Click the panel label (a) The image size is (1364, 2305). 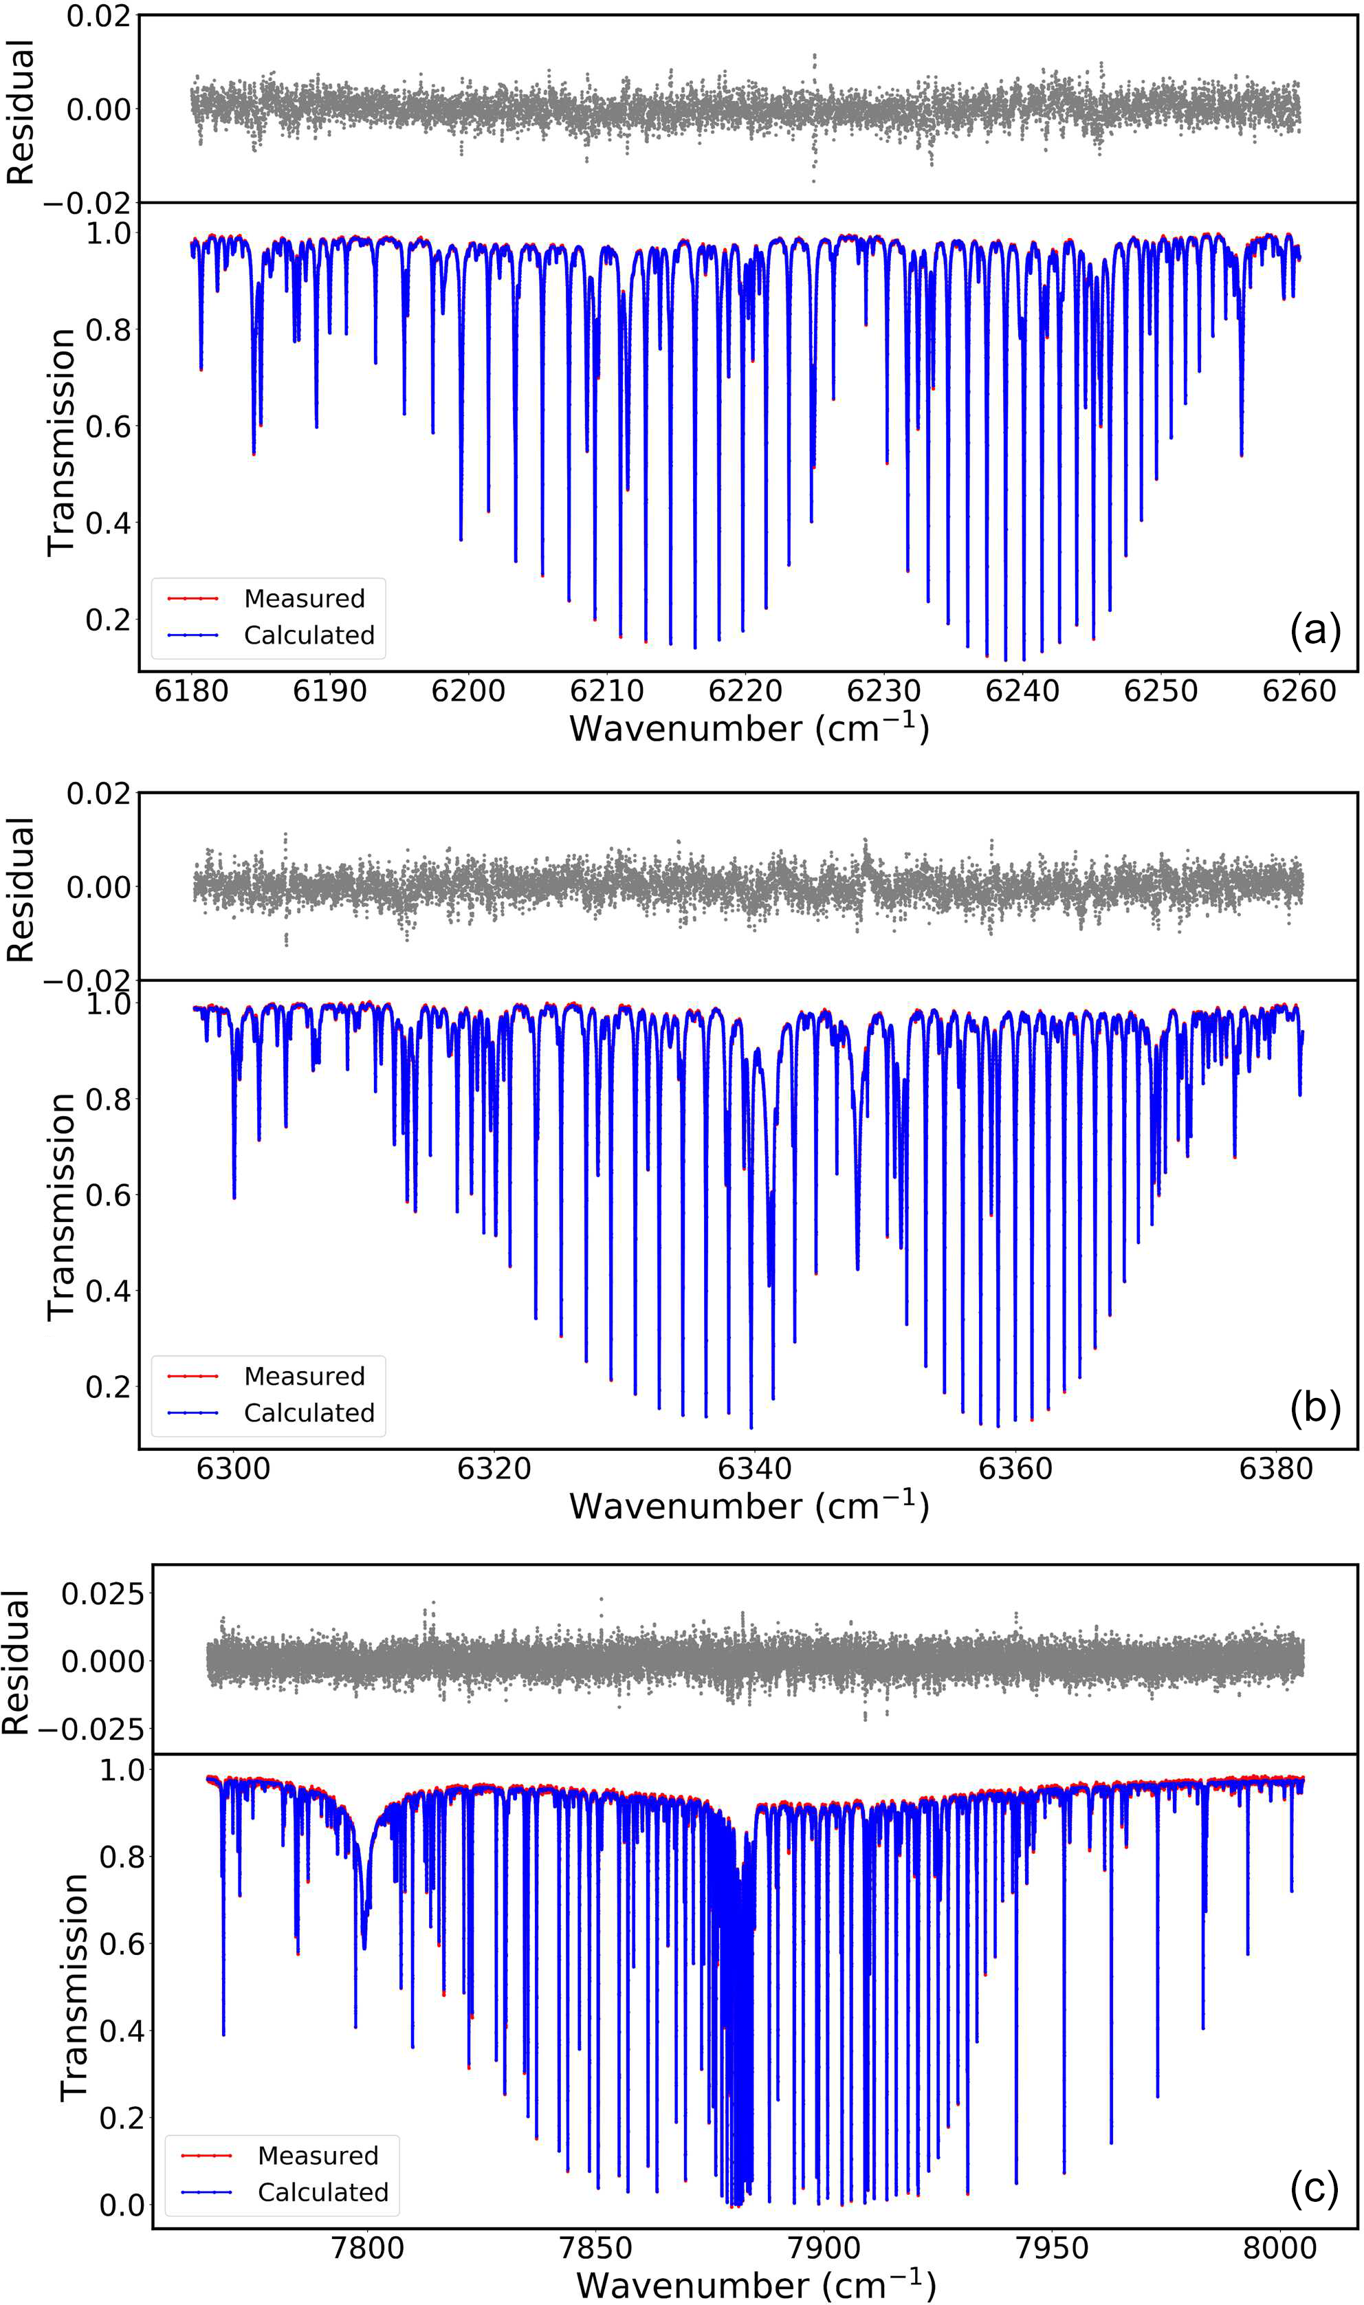(x=1314, y=631)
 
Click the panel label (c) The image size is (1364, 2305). (x=1314, y=2189)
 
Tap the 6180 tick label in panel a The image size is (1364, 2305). (x=191, y=691)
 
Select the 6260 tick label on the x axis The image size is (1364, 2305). (x=1299, y=691)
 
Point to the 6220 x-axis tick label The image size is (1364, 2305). (x=745, y=691)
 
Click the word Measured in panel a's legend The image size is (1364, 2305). (x=305, y=598)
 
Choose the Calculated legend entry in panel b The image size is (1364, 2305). (x=309, y=1412)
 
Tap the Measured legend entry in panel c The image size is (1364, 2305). (x=318, y=2155)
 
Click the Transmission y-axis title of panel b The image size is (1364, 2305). (x=60, y=1206)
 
